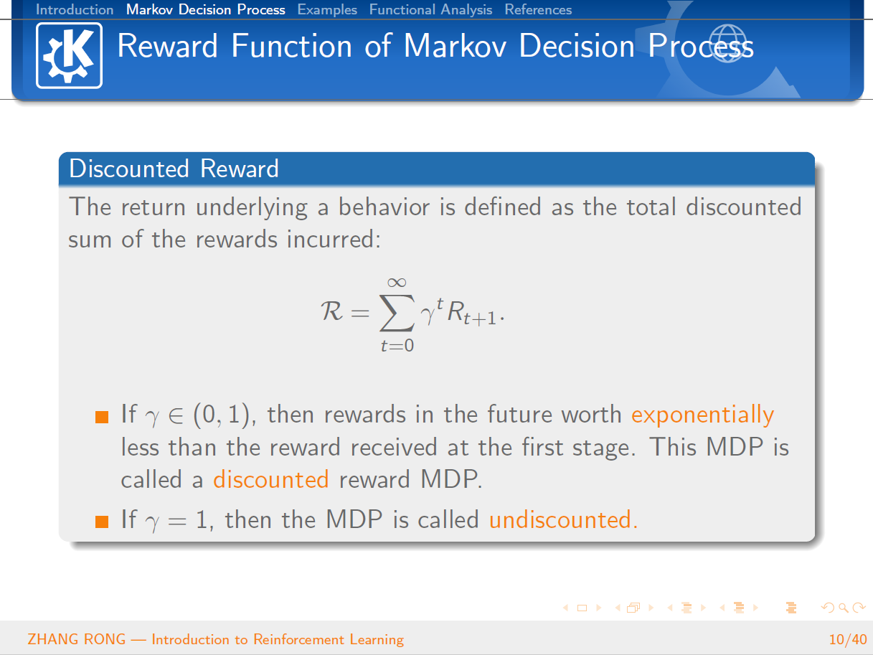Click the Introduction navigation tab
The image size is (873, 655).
click(x=75, y=9)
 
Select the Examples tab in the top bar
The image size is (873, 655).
click(x=327, y=9)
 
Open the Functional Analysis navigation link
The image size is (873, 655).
click(x=430, y=9)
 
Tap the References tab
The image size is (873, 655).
click(x=538, y=9)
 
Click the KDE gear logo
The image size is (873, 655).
click(x=69, y=55)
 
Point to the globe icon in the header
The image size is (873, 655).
click(x=727, y=43)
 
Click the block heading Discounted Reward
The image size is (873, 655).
click(x=174, y=169)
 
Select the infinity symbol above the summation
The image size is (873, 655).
click(x=397, y=283)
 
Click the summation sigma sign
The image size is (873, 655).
click(x=397, y=313)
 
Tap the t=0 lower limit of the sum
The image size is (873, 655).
click(x=397, y=345)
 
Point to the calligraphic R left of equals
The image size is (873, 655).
click(x=331, y=311)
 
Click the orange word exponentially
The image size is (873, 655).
click(x=702, y=415)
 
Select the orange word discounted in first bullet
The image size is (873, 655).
click(x=271, y=479)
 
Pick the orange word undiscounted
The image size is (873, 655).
click(x=563, y=519)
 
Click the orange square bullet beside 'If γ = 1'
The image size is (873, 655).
click(x=102, y=522)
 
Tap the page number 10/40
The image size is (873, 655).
click(x=848, y=639)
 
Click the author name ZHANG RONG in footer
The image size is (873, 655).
click(x=76, y=639)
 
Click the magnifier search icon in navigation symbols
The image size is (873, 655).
click(x=843, y=608)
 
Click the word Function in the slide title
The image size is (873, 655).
click(x=291, y=46)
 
